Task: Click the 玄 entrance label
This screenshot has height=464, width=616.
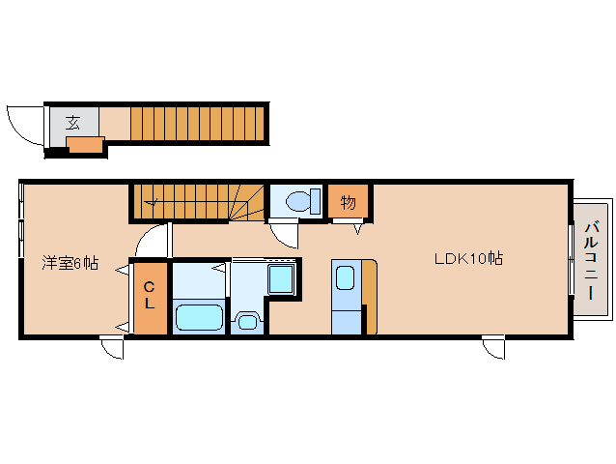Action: tap(72, 123)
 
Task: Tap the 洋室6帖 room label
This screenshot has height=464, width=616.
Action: tap(70, 263)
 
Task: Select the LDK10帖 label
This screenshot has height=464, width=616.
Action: tap(468, 259)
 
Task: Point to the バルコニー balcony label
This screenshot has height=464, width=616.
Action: tap(591, 261)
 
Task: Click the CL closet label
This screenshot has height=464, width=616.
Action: tap(149, 295)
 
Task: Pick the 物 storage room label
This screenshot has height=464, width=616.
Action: tap(349, 202)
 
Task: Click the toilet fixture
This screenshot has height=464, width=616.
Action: tap(303, 201)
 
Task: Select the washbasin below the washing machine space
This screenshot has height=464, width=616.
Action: tap(247, 321)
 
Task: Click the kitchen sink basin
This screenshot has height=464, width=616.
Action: tap(346, 277)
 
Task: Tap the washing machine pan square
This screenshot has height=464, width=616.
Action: tap(281, 279)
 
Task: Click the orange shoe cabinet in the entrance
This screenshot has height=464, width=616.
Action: tap(85, 145)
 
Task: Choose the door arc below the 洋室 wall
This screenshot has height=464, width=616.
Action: tap(112, 349)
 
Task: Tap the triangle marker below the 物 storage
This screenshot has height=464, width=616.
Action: tap(357, 229)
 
